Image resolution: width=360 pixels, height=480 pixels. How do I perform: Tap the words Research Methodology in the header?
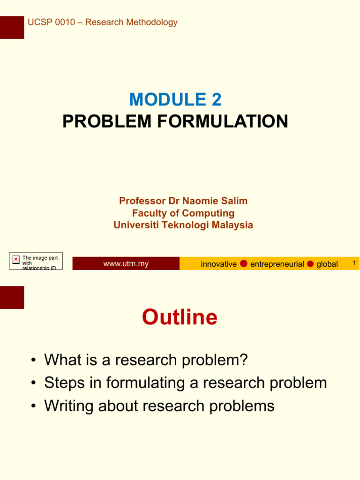tap(133, 22)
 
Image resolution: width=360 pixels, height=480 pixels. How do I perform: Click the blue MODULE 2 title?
tap(175, 99)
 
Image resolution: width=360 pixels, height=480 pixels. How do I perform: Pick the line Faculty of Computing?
tap(183, 213)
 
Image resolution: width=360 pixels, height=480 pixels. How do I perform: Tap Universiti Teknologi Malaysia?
tap(183, 225)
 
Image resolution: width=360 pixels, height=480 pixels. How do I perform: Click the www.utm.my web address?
tap(126, 264)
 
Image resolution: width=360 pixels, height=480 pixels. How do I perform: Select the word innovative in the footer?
tap(218, 264)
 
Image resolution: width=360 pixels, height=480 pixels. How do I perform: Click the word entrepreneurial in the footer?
tap(277, 264)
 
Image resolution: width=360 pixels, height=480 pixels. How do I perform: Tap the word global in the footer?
tap(327, 264)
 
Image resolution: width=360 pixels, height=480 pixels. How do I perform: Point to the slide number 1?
tap(354, 263)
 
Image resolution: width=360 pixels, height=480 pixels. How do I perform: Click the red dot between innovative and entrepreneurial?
tap(244, 263)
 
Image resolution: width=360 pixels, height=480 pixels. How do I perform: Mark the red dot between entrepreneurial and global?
tap(310, 263)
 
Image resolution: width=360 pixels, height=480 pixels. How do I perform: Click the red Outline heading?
tap(180, 317)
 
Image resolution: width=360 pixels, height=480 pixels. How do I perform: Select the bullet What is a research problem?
tap(145, 360)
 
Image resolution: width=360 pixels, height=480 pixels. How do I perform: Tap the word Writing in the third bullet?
tap(68, 405)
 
